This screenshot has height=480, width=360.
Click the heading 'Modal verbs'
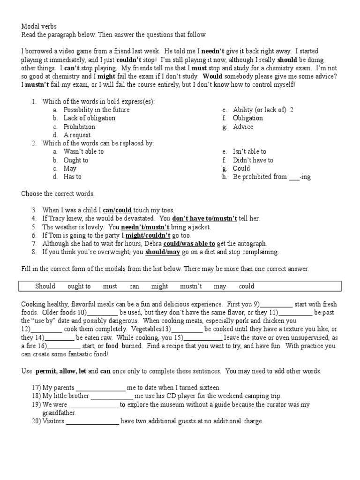click(x=39, y=27)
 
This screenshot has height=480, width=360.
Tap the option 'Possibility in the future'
click(x=97, y=110)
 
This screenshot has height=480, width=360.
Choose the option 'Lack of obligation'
click(x=90, y=118)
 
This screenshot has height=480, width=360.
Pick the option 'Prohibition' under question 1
click(x=79, y=127)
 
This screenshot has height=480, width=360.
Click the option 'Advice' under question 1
click(x=243, y=127)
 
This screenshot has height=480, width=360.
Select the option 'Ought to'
click(x=76, y=160)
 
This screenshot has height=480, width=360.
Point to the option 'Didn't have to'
click(x=253, y=160)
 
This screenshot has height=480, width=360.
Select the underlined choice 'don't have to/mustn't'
click(x=204, y=218)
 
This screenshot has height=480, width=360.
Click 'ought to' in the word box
click(x=79, y=286)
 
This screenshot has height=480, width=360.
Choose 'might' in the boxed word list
click(x=159, y=286)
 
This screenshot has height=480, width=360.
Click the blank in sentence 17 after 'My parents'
click(x=101, y=388)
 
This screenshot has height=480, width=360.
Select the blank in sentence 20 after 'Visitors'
click(x=93, y=422)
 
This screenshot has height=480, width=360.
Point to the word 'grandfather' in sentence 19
click(x=59, y=413)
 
